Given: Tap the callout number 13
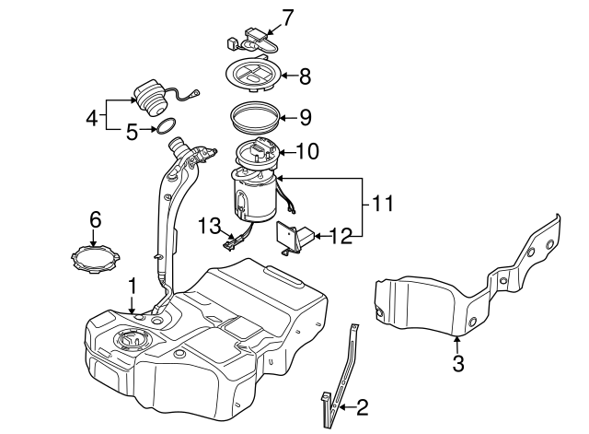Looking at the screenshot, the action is (210, 226).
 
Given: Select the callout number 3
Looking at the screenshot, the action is (458, 363).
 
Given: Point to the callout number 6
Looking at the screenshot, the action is (96, 219).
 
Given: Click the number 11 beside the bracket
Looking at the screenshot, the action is (383, 204).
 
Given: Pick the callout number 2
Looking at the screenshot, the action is (362, 407).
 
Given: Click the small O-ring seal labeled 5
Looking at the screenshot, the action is (166, 125).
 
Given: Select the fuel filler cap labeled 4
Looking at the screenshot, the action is (150, 98).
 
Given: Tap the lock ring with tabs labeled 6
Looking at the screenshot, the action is (96, 259).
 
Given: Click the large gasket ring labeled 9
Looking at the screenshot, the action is (255, 117).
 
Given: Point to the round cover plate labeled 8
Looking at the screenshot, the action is (254, 74).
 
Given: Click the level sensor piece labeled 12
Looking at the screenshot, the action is (296, 238).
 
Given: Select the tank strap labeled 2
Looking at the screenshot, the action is (341, 376).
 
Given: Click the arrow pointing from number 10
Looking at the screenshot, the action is (288, 152).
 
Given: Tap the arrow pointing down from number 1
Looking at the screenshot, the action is (132, 304).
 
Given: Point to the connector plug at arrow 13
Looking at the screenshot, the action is (230, 242).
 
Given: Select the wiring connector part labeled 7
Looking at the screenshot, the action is (252, 41).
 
